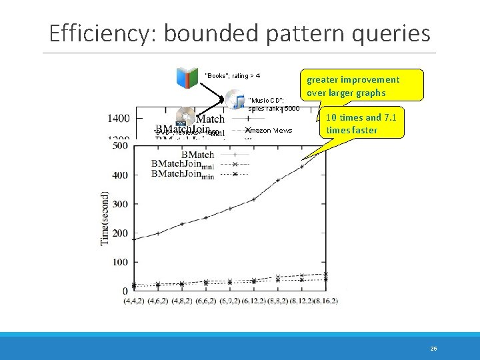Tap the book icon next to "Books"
pos(187,77)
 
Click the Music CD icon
pos(235,100)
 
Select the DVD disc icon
pos(185,117)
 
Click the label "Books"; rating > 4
pos(232,76)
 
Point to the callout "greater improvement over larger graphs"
pos(362,85)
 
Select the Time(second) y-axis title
pos(105,218)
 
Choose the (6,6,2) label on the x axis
pos(205,301)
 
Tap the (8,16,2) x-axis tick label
pos(324,301)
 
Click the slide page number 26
pos(433,348)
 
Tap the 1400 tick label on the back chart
pos(119,119)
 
